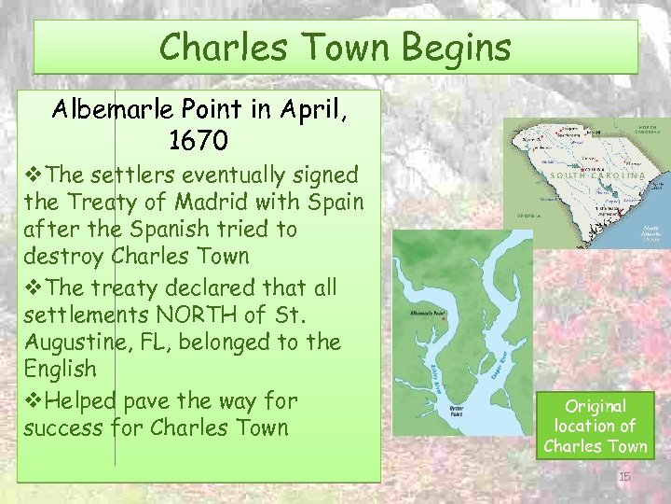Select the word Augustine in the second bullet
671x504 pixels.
pyautogui.click(x=73, y=343)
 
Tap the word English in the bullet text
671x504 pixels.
pyautogui.click(x=60, y=370)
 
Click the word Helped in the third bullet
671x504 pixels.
pyautogui.click(x=82, y=402)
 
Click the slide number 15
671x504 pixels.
pyautogui.click(x=624, y=477)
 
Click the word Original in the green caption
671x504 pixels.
pyautogui.click(x=596, y=406)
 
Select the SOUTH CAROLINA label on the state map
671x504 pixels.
pyautogui.click(x=597, y=175)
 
